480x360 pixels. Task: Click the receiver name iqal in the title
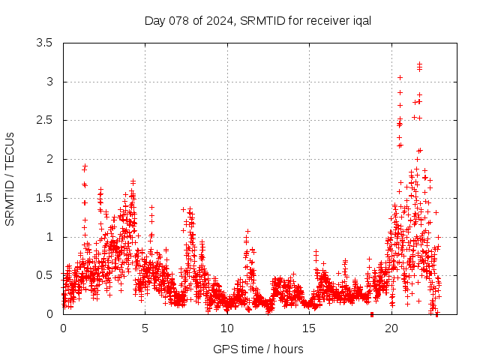pos(358,20)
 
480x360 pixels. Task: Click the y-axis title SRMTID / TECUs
pos(10,178)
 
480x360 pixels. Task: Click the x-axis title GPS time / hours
pos(258,349)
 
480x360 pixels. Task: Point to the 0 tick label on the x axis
pos(63,328)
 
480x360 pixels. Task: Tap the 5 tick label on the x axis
pos(145,328)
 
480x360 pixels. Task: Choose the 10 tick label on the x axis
pos(227,328)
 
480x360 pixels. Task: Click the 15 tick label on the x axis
pos(310,328)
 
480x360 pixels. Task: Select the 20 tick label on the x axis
pos(391,328)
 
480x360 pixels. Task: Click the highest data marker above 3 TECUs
pos(419,64)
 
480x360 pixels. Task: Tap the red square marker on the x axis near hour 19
pos(372,314)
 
